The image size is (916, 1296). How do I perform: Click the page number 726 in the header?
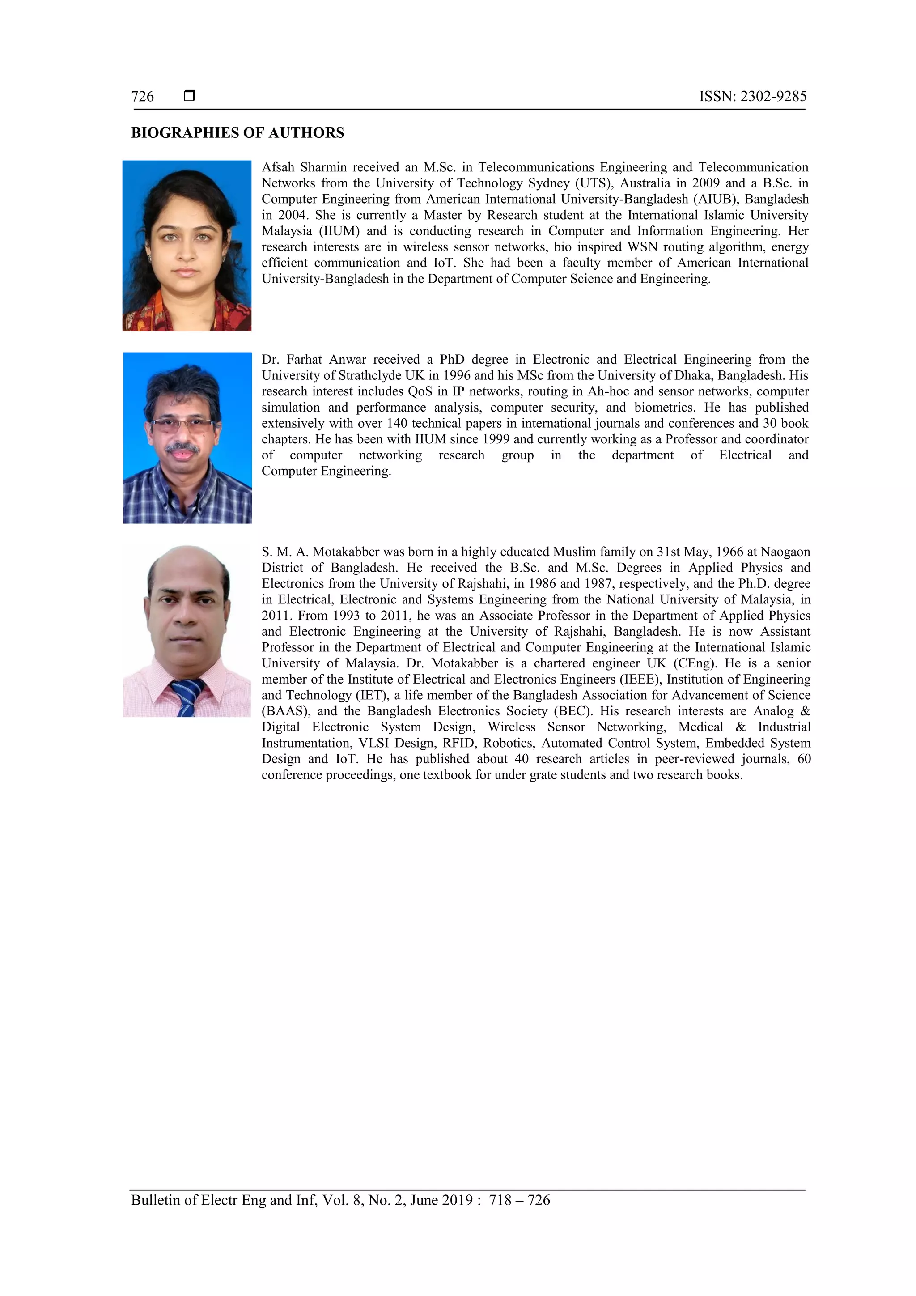click(x=142, y=97)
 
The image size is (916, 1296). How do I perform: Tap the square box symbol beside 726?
click(x=190, y=96)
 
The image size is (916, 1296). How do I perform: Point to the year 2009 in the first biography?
click(x=705, y=183)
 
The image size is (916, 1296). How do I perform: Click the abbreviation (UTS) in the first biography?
click(x=593, y=183)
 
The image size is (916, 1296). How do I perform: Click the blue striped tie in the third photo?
click(x=187, y=697)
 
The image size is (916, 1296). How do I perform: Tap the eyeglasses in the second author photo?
click(x=182, y=425)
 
